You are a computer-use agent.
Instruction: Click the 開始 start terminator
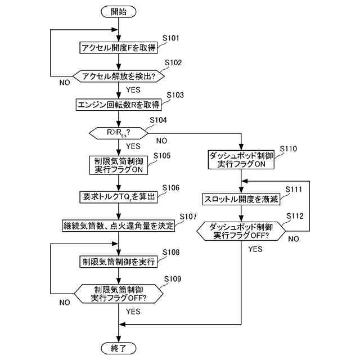point(119,12)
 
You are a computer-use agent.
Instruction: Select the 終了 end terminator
point(119,348)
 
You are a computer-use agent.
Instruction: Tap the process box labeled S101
point(119,48)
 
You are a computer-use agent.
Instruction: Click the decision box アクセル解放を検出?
point(119,76)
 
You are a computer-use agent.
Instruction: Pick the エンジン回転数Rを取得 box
point(119,105)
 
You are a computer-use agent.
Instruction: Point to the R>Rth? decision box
point(119,133)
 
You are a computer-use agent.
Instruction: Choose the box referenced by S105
point(119,165)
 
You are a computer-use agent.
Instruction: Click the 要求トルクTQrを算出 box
point(119,197)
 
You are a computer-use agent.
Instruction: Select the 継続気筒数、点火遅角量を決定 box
point(119,226)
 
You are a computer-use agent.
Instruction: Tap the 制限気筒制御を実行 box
point(119,262)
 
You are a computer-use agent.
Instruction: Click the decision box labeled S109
point(119,294)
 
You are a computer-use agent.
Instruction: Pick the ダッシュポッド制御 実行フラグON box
point(241,160)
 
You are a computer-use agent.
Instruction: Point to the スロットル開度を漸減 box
point(241,199)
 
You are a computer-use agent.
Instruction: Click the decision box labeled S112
point(241,231)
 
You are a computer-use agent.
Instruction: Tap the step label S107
point(188,217)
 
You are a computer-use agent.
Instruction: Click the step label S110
point(288,148)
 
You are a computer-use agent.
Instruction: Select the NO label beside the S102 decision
point(65,83)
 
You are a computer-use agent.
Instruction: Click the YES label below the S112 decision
point(255,249)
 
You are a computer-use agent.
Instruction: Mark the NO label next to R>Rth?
point(161,141)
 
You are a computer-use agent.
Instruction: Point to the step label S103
point(175,95)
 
